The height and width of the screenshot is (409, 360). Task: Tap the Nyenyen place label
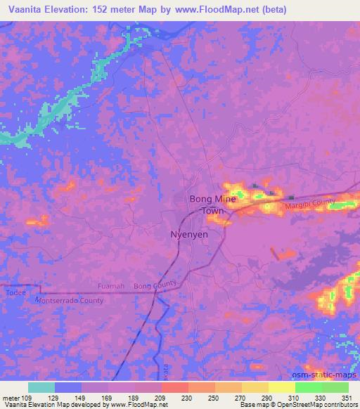click(190, 235)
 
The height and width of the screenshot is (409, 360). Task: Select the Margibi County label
click(310, 204)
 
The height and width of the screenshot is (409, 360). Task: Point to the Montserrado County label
click(69, 300)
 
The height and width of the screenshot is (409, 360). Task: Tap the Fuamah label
click(112, 286)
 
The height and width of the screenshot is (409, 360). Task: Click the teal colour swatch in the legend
click(41, 387)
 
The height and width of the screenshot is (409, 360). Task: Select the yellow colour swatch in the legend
click(281, 387)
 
